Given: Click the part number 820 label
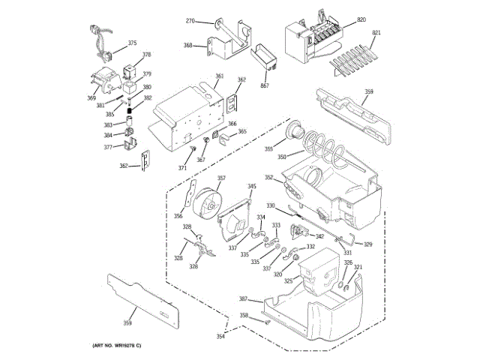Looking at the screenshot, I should (361, 19).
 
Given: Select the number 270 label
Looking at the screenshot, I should (190, 20).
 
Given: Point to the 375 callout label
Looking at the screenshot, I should (132, 43).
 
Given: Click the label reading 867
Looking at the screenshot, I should (264, 86).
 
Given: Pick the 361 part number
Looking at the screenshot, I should (220, 76).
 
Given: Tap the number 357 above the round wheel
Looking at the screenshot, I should (221, 178).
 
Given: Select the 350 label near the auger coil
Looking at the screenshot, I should (281, 157).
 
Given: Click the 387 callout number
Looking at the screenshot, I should (243, 298).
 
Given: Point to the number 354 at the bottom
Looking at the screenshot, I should (220, 337).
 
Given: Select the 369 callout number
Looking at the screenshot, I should (91, 98).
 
